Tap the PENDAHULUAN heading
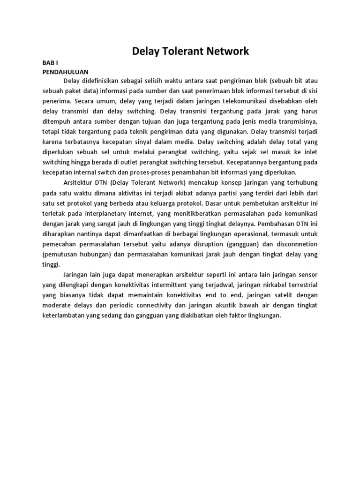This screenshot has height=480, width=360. point(65,72)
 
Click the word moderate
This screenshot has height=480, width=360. point(58,306)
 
